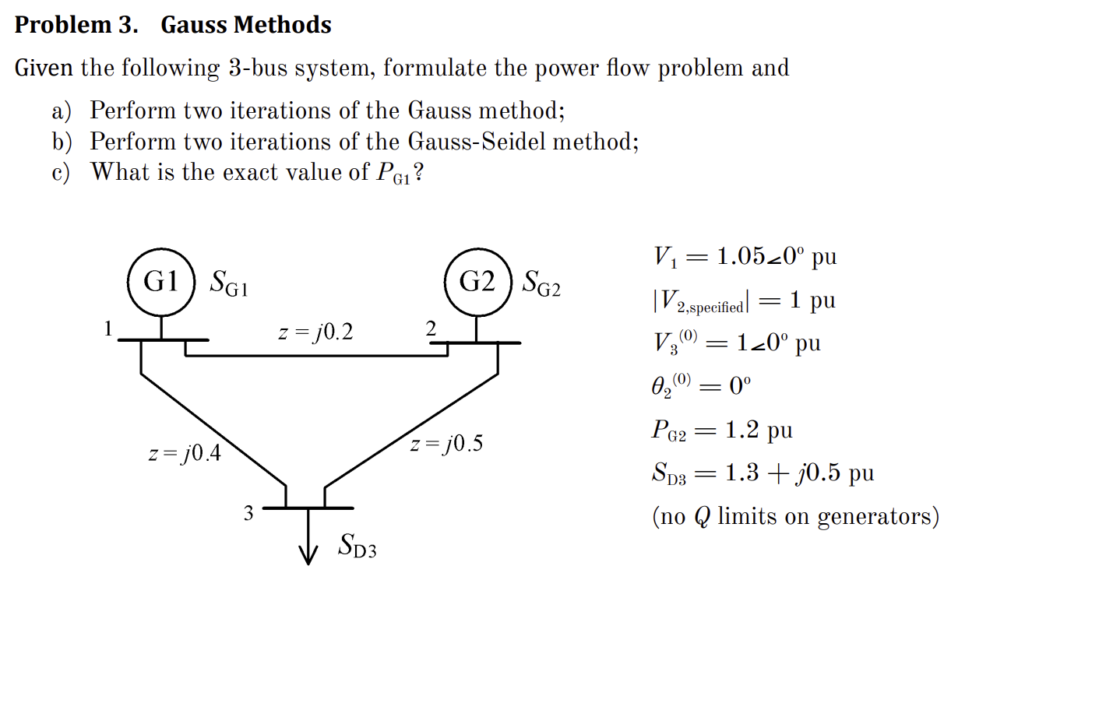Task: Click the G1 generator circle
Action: pyautogui.click(x=161, y=282)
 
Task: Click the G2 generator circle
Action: pyautogui.click(x=477, y=282)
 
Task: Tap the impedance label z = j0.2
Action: pyautogui.click(x=315, y=332)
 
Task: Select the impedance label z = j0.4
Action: pyautogui.click(x=185, y=453)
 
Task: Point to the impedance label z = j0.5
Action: pyautogui.click(x=446, y=444)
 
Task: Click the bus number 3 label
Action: pyautogui.click(x=248, y=513)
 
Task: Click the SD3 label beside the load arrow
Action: pyautogui.click(x=357, y=546)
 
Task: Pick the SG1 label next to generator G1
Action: pyautogui.click(x=228, y=283)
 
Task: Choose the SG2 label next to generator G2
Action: pyautogui.click(x=541, y=283)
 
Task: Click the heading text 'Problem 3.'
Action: pyautogui.click(x=76, y=25)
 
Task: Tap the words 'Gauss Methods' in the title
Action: pyautogui.click(x=246, y=25)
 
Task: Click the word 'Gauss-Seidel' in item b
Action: pyautogui.click(x=477, y=142)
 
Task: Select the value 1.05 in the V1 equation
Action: pyautogui.click(x=741, y=256)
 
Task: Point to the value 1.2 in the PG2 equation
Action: pyautogui.click(x=741, y=430)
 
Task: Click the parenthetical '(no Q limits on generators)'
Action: pyautogui.click(x=795, y=516)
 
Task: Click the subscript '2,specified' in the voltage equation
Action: pyautogui.click(x=710, y=308)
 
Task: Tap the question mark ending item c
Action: pyautogui.click(x=418, y=172)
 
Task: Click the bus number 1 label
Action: pyautogui.click(x=108, y=329)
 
